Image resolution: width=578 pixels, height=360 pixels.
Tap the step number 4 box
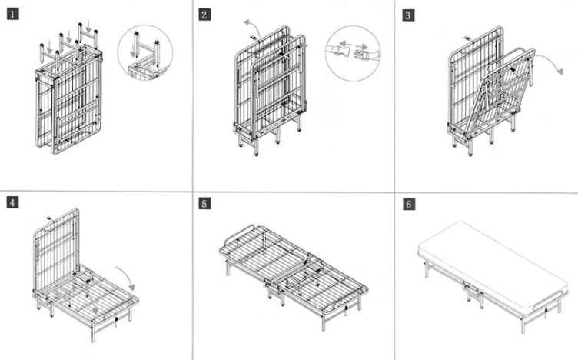click(x=12, y=203)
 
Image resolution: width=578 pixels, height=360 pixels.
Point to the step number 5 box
click(x=204, y=204)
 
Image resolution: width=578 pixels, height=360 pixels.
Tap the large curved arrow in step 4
click(x=125, y=274)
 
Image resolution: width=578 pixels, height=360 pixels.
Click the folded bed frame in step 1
click(x=69, y=100)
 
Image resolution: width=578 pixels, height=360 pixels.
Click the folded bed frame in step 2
click(x=269, y=92)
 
